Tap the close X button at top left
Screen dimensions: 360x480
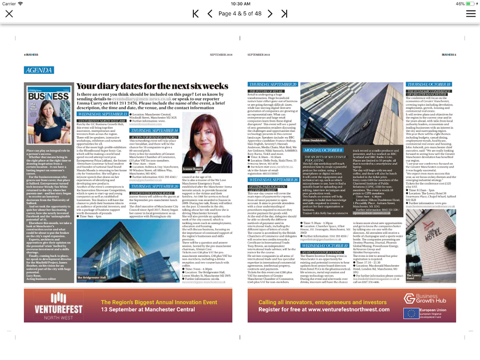coord(9,13)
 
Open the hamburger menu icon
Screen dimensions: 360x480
coord(470,13)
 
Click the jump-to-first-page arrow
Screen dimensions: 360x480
coord(195,13)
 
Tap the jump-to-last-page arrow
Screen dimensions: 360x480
coord(284,13)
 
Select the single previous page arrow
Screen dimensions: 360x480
coord(210,13)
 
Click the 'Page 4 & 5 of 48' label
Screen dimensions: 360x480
coord(240,13)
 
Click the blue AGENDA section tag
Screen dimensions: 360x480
coord(39,70)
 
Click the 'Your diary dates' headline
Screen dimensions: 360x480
coord(152,86)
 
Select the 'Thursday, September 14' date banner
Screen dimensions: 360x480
coord(154,130)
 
